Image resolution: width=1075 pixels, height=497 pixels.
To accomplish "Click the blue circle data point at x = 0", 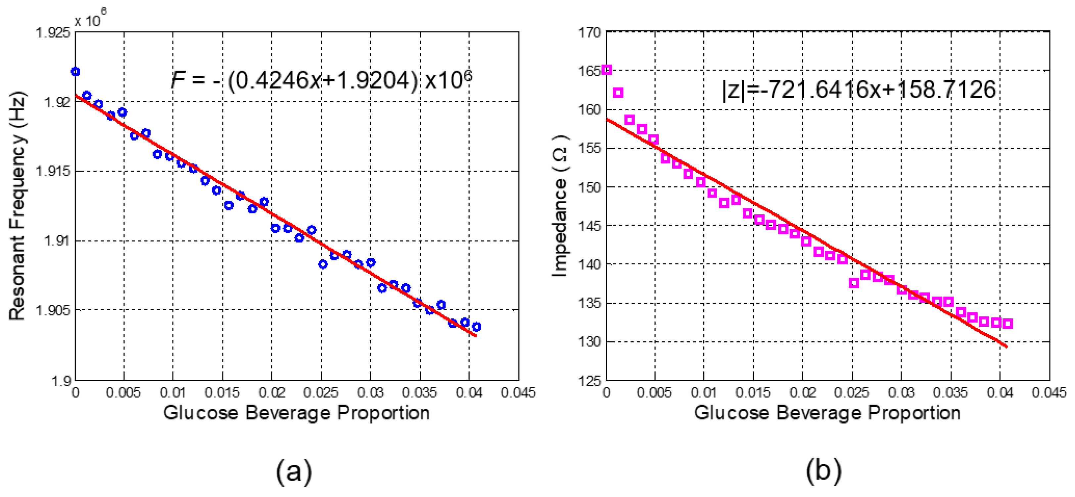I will [75, 72].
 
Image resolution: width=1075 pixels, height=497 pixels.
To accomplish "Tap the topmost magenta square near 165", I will [607, 70].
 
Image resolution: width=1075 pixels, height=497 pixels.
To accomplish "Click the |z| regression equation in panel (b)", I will [859, 90].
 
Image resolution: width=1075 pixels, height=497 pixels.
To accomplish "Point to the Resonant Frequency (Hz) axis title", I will [18, 205].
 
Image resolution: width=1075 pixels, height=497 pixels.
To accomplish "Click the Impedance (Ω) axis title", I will [560, 205].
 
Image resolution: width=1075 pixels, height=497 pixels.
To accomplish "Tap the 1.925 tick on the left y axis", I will [53, 32].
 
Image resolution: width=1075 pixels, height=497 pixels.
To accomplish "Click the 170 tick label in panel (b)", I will [589, 32].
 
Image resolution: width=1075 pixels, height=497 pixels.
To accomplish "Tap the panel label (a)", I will [294, 471].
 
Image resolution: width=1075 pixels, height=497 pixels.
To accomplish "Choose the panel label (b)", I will [824, 471].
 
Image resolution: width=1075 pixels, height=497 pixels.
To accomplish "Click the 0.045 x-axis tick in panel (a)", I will [518, 393].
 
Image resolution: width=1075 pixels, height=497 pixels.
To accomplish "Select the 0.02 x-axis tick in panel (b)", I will [803, 393].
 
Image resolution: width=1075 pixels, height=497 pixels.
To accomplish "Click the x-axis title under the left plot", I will [296, 413].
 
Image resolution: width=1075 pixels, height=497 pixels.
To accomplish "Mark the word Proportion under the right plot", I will [914, 413].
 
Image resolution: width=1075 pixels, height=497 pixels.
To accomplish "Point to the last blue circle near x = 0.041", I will [477, 327].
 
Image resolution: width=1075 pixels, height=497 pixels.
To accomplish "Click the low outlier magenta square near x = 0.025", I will [854, 283].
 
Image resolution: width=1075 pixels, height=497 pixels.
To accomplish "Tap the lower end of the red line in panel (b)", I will [1006, 346].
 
